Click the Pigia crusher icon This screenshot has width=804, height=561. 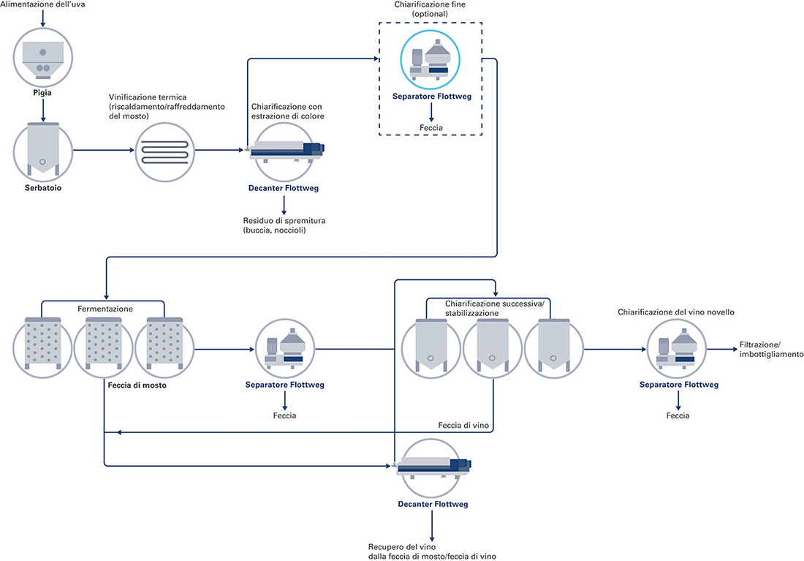click(42, 58)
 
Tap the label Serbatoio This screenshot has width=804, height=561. click(43, 188)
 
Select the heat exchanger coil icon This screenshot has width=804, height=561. click(164, 152)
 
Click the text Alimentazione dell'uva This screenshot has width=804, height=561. click(42, 4)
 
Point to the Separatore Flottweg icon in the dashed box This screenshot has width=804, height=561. click(430, 59)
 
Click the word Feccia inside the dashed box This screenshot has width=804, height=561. click(431, 127)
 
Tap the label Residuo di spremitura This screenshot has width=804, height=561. click(284, 221)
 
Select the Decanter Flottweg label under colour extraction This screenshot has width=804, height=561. click(284, 188)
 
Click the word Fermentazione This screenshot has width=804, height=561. click(105, 309)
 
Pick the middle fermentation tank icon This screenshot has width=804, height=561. click(104, 348)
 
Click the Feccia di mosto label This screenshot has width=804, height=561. click(137, 385)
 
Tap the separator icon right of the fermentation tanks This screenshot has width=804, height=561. click(285, 349)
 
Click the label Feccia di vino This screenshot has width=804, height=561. click(463, 426)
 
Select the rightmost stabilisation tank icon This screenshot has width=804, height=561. click(554, 348)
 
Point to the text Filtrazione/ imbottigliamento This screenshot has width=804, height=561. click(771, 350)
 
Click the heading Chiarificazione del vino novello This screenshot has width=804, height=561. click(676, 312)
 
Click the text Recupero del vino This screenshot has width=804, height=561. click(402, 547)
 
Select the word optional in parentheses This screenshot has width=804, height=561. click(430, 14)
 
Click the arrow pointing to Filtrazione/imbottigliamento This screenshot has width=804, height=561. click(722, 350)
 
